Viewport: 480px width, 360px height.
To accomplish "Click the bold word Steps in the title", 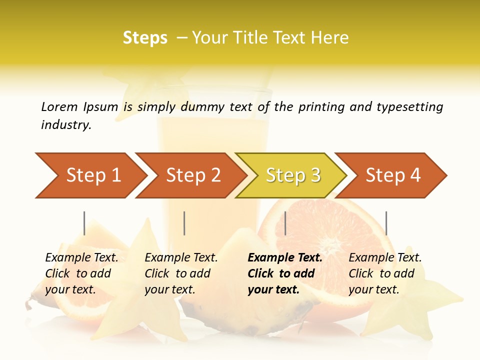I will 145,38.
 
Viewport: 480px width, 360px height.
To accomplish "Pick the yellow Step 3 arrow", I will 293,175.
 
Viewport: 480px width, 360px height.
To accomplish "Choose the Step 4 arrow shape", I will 393,175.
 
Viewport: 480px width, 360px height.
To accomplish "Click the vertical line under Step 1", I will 84,223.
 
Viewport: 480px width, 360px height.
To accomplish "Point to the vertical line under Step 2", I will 184,223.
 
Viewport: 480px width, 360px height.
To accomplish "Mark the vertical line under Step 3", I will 285,223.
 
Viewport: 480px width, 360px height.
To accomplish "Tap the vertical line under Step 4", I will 386,223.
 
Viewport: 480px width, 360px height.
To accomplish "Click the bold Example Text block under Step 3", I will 285,273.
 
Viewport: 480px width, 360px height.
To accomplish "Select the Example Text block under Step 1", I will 82,273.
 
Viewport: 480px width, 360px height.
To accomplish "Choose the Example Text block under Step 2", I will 181,273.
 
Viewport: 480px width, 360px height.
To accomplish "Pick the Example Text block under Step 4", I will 385,273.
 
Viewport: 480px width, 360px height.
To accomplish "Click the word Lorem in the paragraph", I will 59,106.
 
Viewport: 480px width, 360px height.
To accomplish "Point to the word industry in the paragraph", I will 66,125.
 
